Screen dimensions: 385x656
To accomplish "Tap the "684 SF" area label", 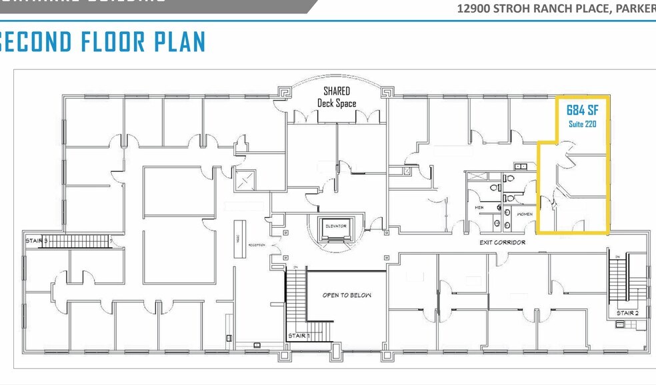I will (581, 110).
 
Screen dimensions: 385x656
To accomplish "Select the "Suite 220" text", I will (581, 124).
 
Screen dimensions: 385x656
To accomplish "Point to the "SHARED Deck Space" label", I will (337, 97).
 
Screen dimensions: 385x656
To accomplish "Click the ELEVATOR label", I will (336, 226).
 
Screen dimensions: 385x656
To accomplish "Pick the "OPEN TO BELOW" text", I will (347, 295).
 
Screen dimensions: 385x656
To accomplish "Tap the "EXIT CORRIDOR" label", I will (503, 242).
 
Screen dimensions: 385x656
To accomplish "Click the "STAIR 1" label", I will (298, 336).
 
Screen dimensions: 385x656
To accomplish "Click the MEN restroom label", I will (478, 207).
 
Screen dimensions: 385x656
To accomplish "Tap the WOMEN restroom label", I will (523, 214).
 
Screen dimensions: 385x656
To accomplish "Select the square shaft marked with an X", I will (243, 181).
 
